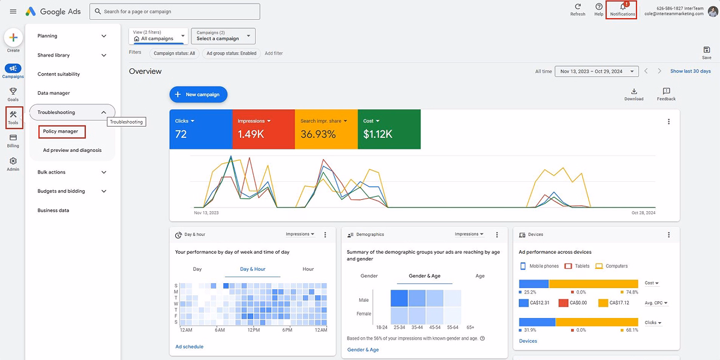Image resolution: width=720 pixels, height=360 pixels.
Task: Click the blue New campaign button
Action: [x=198, y=94]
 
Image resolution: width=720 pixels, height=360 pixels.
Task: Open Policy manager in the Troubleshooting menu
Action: [x=61, y=131]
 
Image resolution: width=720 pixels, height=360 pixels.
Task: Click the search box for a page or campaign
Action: [x=175, y=11]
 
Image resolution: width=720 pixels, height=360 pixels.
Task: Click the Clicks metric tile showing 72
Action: [x=200, y=129]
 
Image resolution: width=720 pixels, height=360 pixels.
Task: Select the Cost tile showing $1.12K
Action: [x=389, y=129]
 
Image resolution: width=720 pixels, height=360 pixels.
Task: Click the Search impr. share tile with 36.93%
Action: [x=326, y=129]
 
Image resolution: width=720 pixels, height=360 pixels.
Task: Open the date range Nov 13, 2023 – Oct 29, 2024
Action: [x=595, y=71]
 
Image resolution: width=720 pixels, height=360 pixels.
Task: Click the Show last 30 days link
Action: [x=690, y=71]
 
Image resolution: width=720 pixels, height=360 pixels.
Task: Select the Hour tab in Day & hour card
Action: [x=308, y=269]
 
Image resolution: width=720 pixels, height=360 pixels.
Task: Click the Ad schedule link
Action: [x=189, y=346]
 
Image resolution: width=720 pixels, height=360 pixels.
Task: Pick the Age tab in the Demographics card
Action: [x=480, y=276]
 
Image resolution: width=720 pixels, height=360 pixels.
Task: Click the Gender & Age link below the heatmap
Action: [x=362, y=350]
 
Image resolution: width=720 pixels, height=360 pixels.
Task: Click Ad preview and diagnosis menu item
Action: [x=72, y=151]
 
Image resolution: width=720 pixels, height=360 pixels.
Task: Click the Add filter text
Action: [x=274, y=53]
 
